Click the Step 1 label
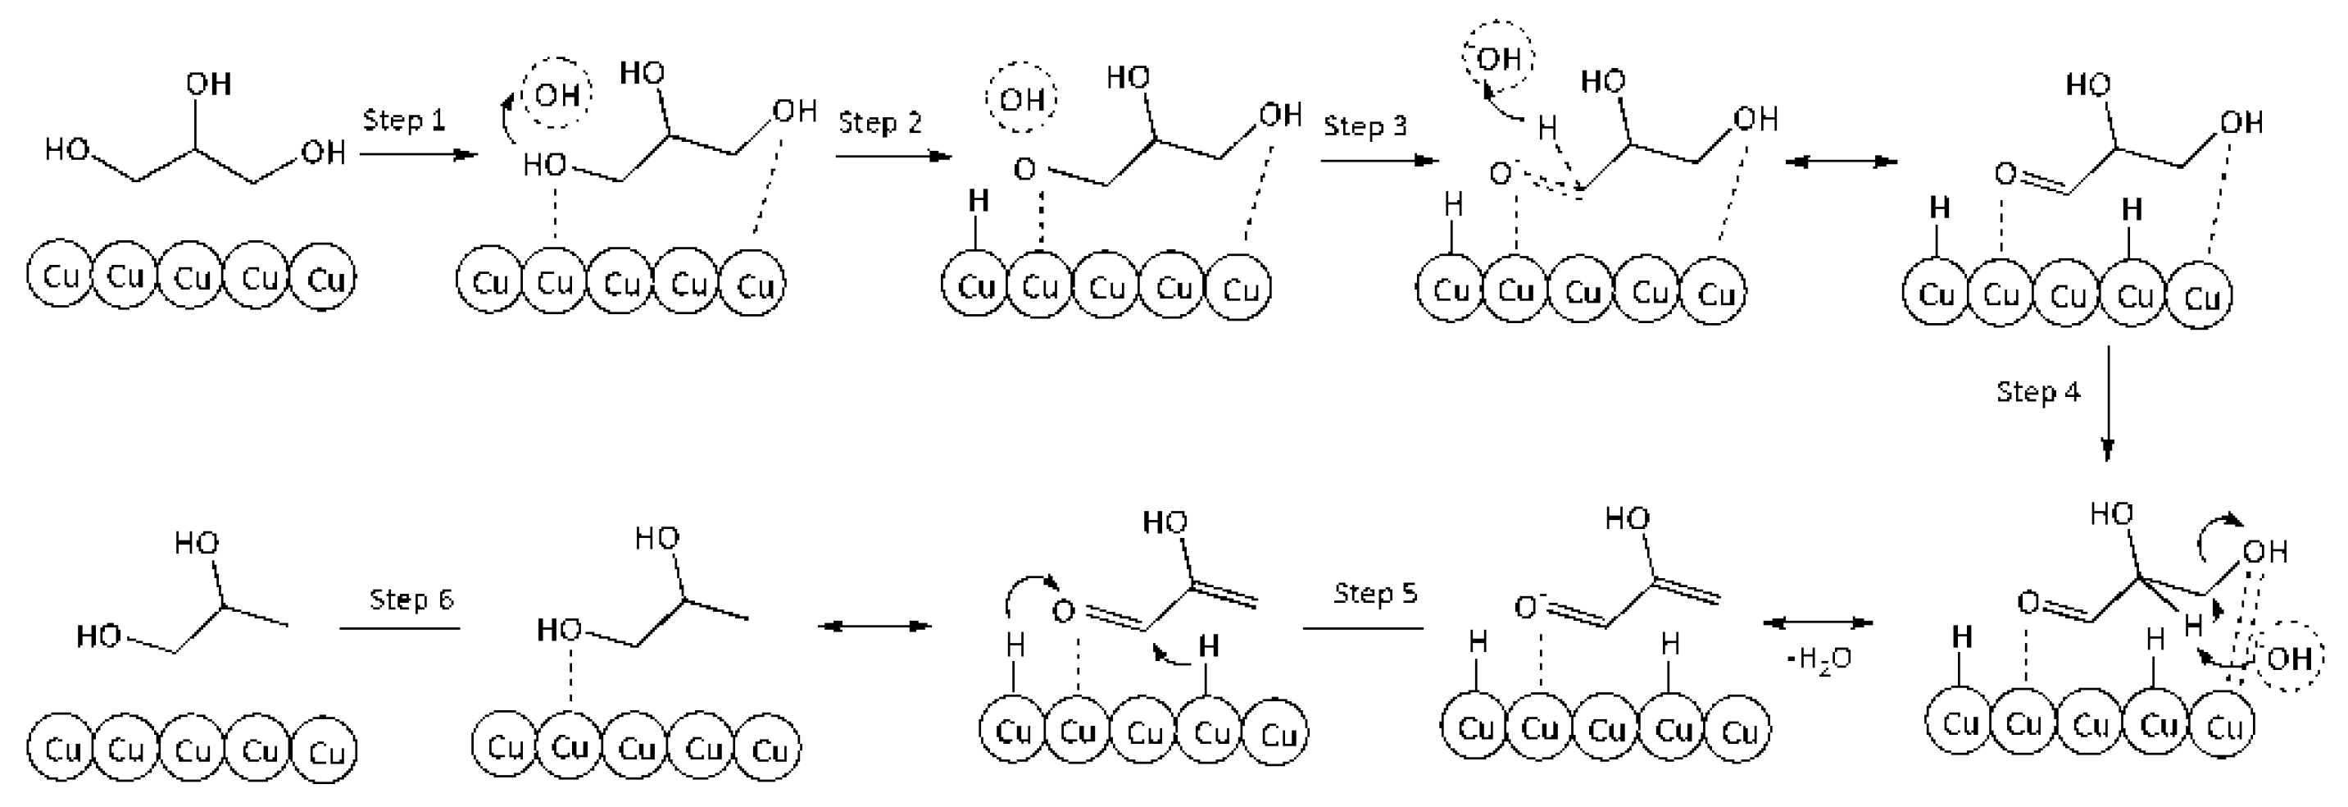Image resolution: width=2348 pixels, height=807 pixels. click(x=404, y=121)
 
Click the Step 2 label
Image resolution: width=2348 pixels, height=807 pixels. click(x=879, y=123)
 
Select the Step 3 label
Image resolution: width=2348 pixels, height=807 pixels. click(x=1365, y=125)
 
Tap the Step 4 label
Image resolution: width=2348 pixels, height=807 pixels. click(x=2038, y=392)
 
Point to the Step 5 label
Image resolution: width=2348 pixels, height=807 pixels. click(x=1375, y=594)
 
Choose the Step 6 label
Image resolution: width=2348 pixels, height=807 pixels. click(x=411, y=599)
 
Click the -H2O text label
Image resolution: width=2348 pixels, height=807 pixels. click(x=1819, y=659)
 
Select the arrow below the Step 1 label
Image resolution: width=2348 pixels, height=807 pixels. click(x=420, y=154)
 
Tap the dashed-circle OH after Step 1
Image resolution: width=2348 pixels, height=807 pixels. click(x=557, y=94)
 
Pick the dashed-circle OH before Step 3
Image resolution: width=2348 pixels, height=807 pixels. click(x=1021, y=98)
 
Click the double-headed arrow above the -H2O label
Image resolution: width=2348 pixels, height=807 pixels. click(x=1818, y=622)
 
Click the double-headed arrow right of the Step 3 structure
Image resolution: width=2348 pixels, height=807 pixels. click(x=1841, y=162)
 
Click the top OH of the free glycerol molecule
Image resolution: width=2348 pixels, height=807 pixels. click(x=209, y=84)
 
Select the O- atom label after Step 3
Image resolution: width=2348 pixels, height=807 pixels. click(x=1501, y=173)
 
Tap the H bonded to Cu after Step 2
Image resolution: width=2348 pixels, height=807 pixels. click(x=978, y=202)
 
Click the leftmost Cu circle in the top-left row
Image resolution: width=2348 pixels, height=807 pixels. click(x=59, y=276)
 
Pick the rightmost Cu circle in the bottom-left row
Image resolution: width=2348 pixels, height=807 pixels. click(x=325, y=751)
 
